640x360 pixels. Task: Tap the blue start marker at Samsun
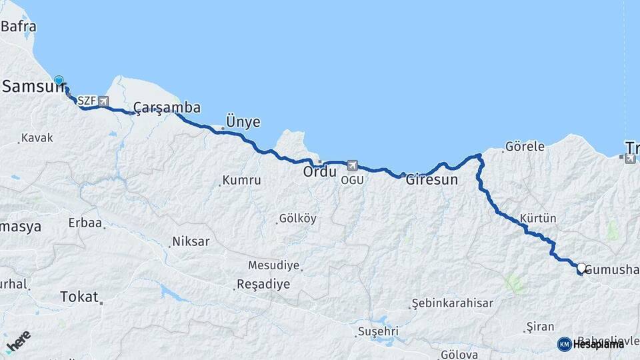pos(59,81)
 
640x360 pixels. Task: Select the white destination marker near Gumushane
pos(581,268)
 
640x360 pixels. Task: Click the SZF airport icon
pos(103,101)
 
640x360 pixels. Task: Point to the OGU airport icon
pos(352,165)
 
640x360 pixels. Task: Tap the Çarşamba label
pos(167,108)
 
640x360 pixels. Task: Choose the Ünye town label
pos(243,121)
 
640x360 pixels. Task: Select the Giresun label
pos(432,180)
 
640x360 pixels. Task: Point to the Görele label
pos(525,146)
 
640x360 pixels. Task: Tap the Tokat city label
pos(79,297)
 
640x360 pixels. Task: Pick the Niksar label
pos(191,241)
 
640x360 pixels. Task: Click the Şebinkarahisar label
pos(453,303)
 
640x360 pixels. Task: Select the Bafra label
pos(19,27)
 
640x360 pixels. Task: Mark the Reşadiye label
pos(265,284)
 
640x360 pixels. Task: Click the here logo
pos(18,342)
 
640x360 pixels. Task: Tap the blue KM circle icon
pos(564,344)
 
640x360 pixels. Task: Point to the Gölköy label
pos(298,219)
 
